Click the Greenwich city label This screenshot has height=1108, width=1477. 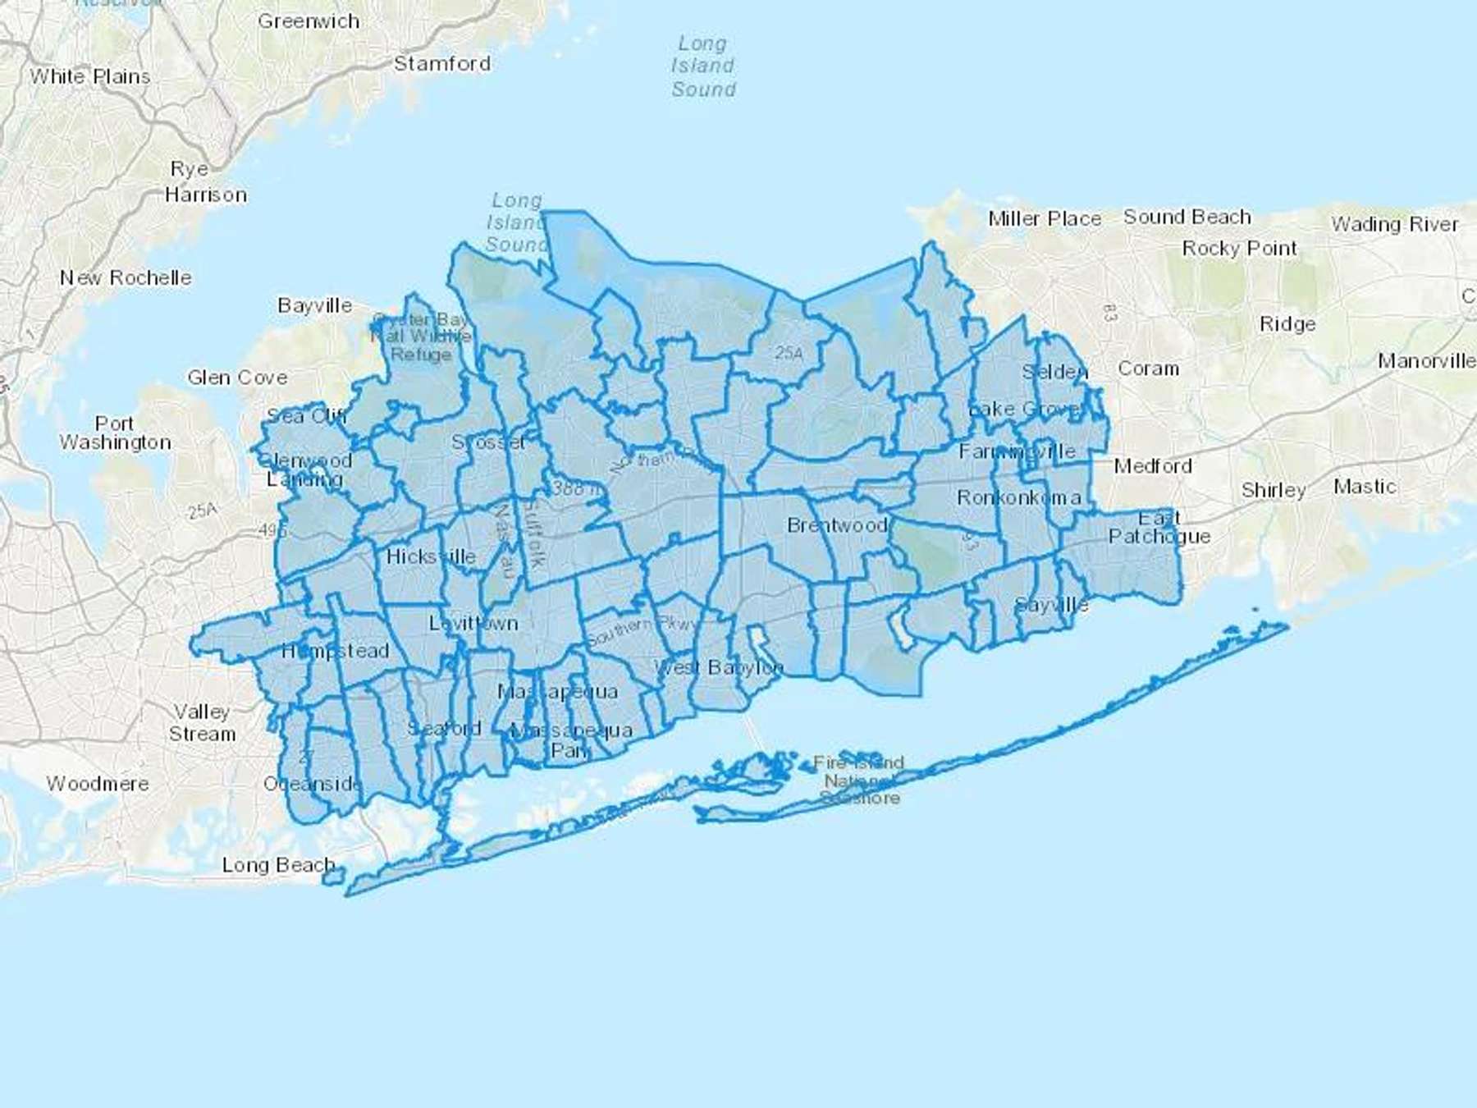(309, 21)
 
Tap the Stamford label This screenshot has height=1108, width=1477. (442, 64)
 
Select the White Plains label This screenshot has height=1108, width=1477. (90, 77)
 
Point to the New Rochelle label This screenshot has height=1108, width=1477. (126, 278)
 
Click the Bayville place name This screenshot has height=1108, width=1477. (315, 306)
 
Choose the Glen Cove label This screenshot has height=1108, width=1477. (237, 378)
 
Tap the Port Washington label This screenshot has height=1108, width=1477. (115, 433)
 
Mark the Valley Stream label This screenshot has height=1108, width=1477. (202, 723)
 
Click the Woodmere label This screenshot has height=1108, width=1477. (98, 784)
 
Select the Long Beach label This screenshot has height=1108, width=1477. (279, 865)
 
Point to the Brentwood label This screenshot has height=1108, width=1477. (837, 525)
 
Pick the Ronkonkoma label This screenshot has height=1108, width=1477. (1018, 498)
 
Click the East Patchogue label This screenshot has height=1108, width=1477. (1159, 527)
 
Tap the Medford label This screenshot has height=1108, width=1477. (1153, 466)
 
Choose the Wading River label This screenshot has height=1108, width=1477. (1395, 224)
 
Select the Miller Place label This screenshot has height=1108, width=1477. (1045, 219)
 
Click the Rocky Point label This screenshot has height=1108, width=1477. (1240, 249)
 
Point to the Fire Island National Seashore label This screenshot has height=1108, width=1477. (859, 781)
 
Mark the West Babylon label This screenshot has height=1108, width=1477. (719, 667)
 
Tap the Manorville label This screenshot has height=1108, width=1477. (1426, 361)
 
